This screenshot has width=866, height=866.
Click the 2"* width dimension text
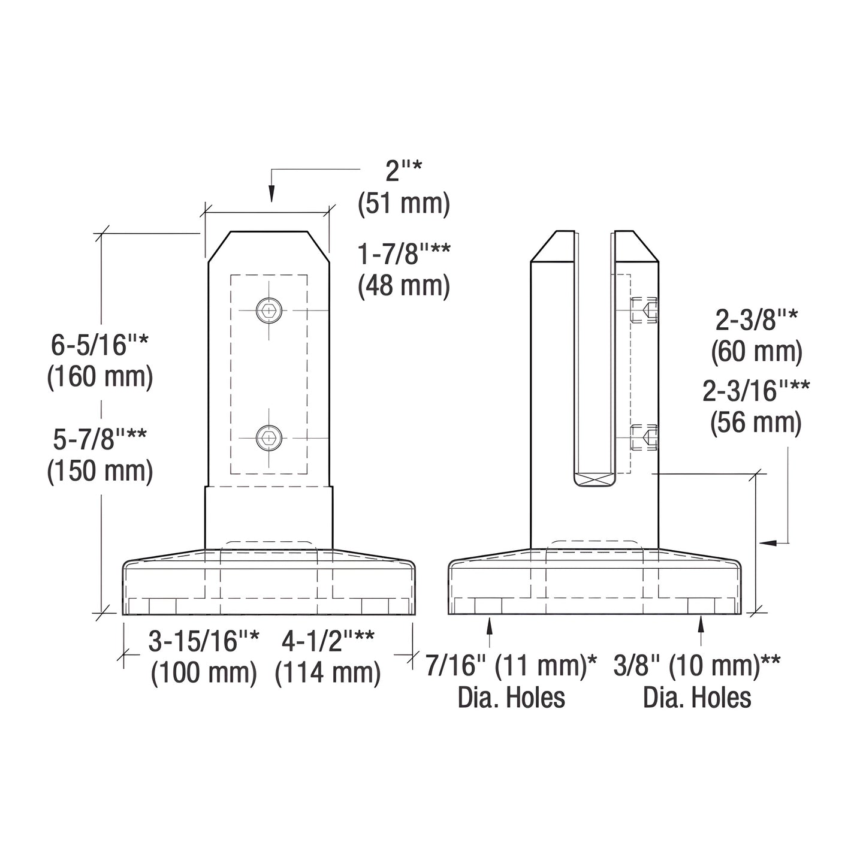[403, 171]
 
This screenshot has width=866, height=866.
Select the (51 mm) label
[403, 204]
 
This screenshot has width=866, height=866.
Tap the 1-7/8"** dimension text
[403, 254]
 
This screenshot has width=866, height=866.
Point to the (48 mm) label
[403, 286]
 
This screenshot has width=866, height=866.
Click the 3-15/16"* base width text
[204, 642]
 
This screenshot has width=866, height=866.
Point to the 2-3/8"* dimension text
[756, 321]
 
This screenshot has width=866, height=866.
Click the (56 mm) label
[756, 423]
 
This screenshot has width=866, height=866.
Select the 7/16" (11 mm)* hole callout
[511, 666]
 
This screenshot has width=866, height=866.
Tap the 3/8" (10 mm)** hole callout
[697, 666]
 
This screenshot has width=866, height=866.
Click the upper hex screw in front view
[268, 310]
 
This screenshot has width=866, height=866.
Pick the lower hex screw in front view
[268, 437]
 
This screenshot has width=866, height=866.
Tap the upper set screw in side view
[645, 310]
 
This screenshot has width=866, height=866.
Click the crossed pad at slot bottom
[594, 480]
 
